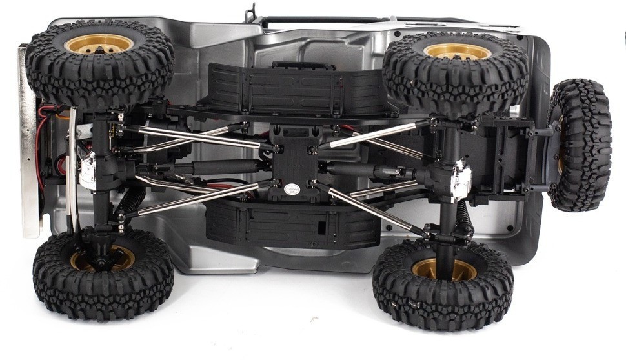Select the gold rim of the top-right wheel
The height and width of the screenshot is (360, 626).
coord(457,52)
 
